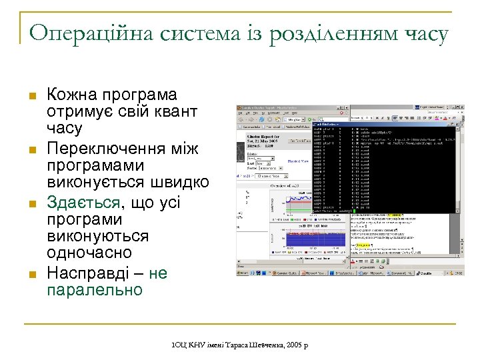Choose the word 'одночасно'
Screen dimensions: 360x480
(x=89, y=253)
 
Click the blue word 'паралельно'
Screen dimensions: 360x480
(x=94, y=290)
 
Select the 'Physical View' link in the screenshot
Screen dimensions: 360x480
(x=297, y=161)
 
